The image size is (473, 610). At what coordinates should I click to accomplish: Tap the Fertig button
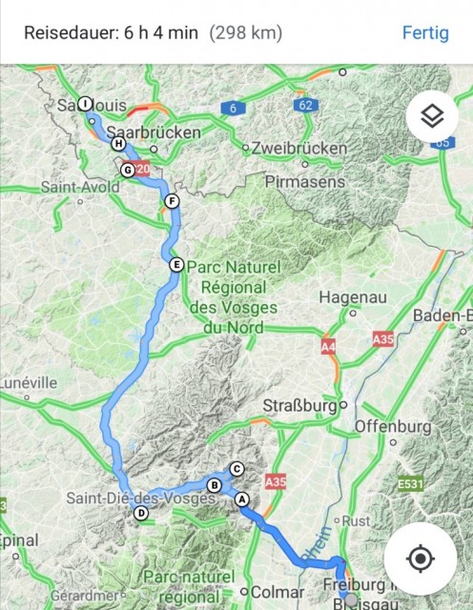(x=424, y=32)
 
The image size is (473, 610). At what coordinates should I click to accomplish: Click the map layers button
(x=432, y=117)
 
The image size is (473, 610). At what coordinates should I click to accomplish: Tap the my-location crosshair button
(x=421, y=558)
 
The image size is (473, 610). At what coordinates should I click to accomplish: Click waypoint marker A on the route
(x=241, y=498)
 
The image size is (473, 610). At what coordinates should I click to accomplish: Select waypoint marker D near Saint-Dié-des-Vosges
(x=141, y=514)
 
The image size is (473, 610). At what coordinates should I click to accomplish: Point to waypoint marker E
(x=175, y=265)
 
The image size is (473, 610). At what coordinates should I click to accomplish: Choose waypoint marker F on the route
(x=172, y=201)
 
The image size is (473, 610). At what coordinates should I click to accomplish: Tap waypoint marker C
(x=236, y=468)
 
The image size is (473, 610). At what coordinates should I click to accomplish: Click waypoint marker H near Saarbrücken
(x=118, y=144)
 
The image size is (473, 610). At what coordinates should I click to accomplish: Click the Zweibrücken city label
(x=299, y=148)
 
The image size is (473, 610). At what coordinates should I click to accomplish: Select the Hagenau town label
(x=353, y=296)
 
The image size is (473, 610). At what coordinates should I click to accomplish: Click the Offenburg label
(x=393, y=425)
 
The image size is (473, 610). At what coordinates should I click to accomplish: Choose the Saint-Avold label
(x=80, y=188)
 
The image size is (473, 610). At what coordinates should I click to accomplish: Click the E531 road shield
(x=410, y=485)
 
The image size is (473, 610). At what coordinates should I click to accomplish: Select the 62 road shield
(x=304, y=104)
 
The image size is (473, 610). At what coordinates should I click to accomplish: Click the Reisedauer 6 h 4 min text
(x=111, y=32)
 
